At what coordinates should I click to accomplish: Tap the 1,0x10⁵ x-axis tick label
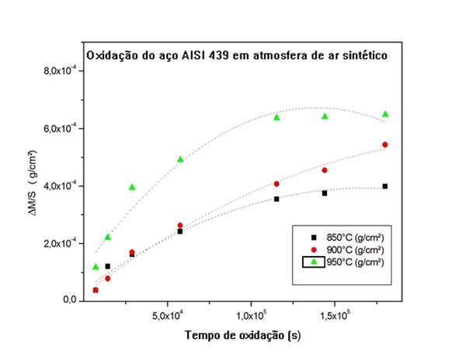[252, 316]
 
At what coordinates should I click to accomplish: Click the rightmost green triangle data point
[385, 114]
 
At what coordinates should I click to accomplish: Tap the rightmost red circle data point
[385, 145]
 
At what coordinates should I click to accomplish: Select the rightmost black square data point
[385, 186]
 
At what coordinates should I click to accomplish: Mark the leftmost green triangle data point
[96, 267]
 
